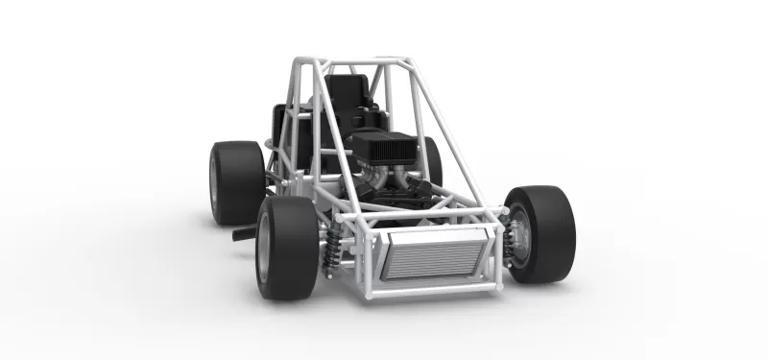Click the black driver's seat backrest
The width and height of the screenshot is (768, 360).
click(x=346, y=96)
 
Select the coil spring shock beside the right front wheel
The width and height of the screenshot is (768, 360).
click(x=507, y=240)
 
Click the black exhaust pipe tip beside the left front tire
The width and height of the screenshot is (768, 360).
click(x=244, y=232)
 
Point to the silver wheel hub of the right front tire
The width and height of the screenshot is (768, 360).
click(x=519, y=236)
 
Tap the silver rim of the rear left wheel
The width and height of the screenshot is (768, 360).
click(x=214, y=183)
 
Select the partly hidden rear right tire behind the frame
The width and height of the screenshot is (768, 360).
click(x=433, y=158)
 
